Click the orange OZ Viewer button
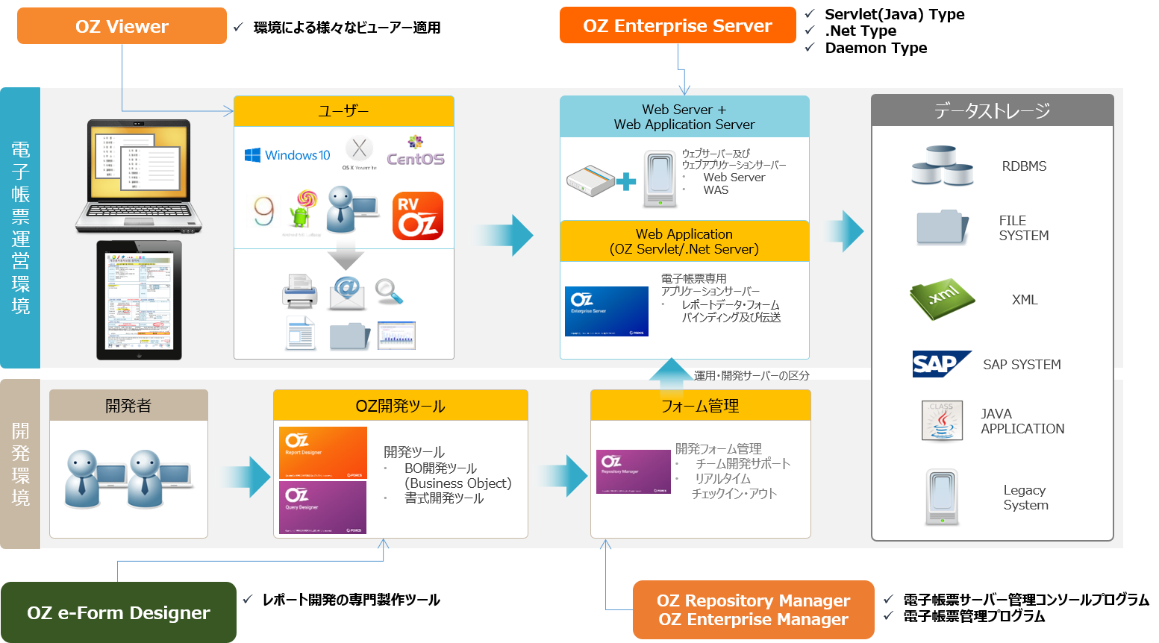122,26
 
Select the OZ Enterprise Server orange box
678,25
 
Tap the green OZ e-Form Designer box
118,612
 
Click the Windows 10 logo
287,155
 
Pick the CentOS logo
415,153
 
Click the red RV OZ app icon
418,216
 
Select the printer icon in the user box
300,292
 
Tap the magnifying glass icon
389,291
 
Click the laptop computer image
139,176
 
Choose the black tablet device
139,300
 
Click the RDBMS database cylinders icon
942,166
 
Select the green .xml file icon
942,299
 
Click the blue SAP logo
940,364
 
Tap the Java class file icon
941,421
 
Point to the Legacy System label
1025,498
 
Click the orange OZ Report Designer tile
323,452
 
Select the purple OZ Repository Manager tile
634,471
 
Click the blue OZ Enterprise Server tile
606,311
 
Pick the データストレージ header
992,110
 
